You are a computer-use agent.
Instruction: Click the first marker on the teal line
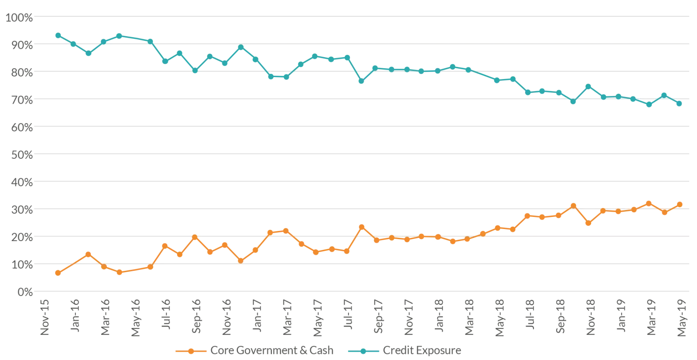tap(59, 35)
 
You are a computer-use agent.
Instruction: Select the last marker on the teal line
tap(680, 104)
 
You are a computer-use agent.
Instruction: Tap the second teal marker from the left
tap(73, 44)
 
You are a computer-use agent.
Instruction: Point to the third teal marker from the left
tap(89, 54)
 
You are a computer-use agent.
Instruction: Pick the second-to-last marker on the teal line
tap(665, 94)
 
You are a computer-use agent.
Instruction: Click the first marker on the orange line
tap(59, 273)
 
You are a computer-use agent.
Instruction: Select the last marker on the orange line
tap(680, 204)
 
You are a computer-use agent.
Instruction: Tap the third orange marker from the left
tap(89, 254)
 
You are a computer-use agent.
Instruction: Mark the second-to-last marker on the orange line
tap(665, 212)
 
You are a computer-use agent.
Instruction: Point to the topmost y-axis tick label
tap(19, 17)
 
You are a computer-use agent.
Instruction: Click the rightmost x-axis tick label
tap(682, 318)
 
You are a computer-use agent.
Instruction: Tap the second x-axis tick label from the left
tap(74, 316)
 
